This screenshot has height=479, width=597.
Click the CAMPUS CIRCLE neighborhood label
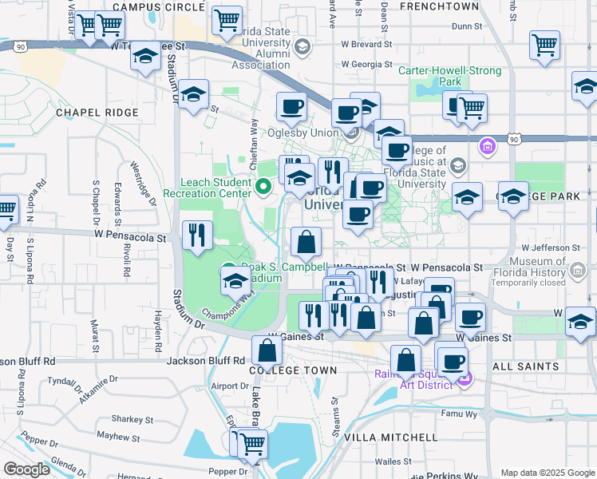click(159, 6)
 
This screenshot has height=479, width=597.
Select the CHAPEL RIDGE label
click(97, 113)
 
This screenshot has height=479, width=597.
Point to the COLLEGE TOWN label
click(292, 370)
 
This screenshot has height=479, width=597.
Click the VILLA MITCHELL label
click(390, 437)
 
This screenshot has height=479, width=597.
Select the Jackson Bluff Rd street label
click(205, 361)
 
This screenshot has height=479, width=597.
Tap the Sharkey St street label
click(132, 418)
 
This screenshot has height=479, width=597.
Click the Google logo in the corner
click(26, 469)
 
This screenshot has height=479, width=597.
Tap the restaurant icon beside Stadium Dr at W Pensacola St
click(196, 235)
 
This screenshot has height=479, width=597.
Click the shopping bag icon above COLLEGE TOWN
click(267, 349)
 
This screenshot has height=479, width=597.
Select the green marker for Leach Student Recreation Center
click(265, 188)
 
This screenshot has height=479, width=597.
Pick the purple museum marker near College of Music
click(486, 147)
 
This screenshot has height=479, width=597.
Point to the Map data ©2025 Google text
click(547, 473)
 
